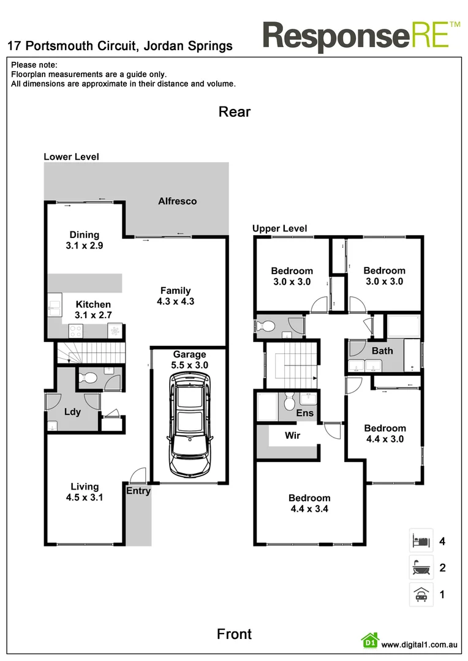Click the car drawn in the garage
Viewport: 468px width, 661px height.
189,426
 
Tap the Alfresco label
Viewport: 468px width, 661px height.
178,201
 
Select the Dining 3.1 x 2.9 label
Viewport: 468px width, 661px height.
84,240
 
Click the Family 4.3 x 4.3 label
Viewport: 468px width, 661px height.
176,296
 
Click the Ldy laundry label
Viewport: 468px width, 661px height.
72,411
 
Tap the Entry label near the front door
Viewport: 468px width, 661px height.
138,491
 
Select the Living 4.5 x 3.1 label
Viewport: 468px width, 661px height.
85,492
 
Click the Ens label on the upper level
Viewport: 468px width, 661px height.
304,413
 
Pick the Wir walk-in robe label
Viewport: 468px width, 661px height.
292,436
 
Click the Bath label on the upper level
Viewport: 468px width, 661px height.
382,351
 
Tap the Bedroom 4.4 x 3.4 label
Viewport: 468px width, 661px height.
309,503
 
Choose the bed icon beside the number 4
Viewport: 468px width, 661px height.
421,541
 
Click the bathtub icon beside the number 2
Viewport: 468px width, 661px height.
421,568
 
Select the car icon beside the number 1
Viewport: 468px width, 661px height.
421,594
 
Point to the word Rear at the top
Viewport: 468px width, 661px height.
235,111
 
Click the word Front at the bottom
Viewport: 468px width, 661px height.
234,634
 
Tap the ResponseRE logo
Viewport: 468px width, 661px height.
361,35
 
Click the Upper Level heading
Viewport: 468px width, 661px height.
280,229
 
